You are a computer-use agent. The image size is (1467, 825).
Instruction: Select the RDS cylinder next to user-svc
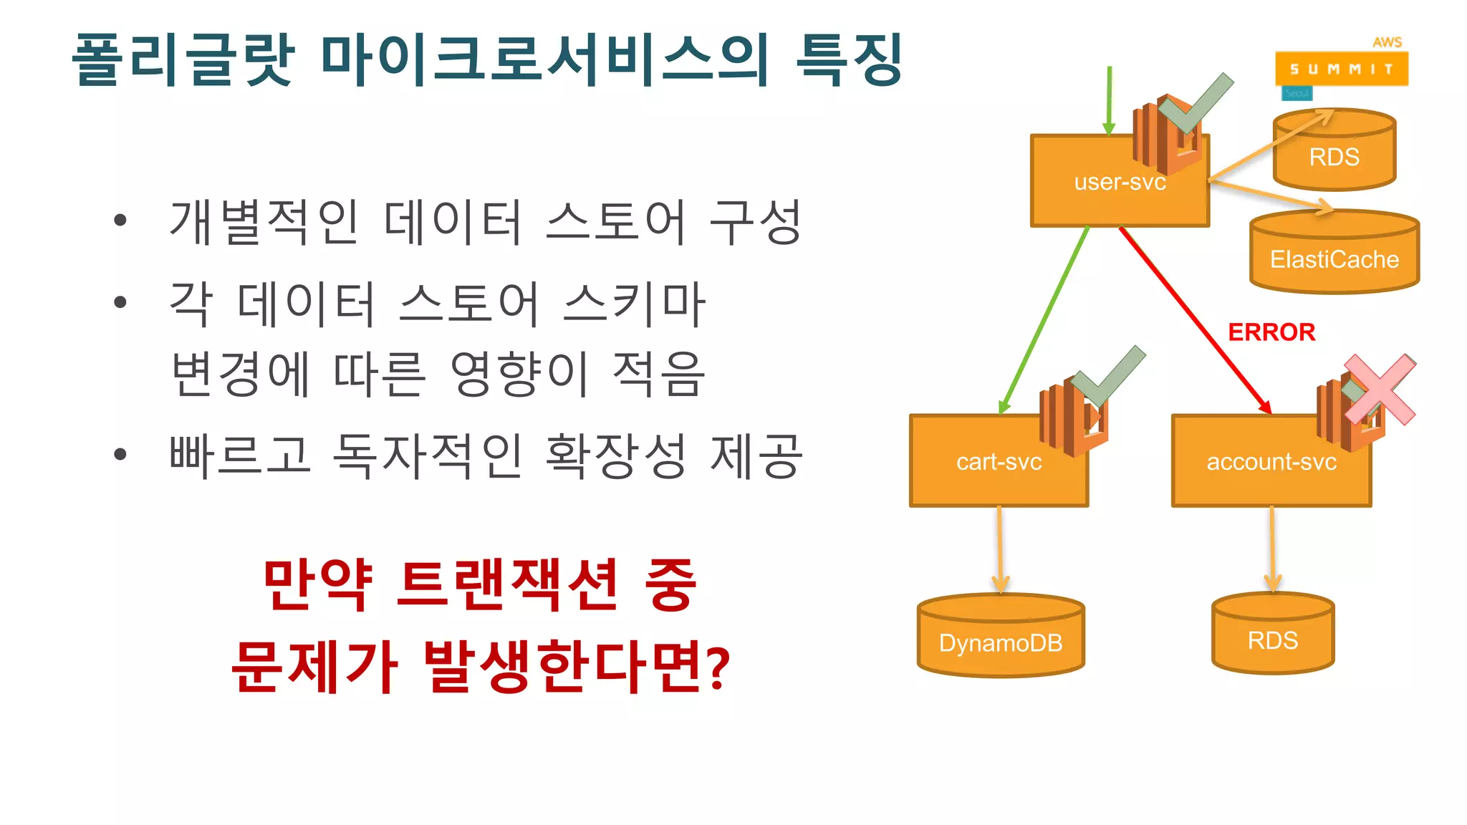(1334, 154)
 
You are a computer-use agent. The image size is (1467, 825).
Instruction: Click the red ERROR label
(1271, 332)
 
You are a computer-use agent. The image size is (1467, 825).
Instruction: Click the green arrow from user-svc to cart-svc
(1046, 319)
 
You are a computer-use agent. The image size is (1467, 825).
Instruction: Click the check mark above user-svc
(1195, 104)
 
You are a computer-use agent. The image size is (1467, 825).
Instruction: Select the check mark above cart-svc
(1109, 376)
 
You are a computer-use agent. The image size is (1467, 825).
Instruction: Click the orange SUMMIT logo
(1341, 69)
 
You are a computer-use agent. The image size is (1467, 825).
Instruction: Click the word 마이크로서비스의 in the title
(544, 60)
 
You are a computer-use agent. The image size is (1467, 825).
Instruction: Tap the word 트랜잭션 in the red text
(507, 585)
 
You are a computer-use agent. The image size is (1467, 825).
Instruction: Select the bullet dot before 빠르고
(120, 454)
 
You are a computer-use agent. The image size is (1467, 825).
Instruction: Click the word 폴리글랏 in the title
(183, 60)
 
